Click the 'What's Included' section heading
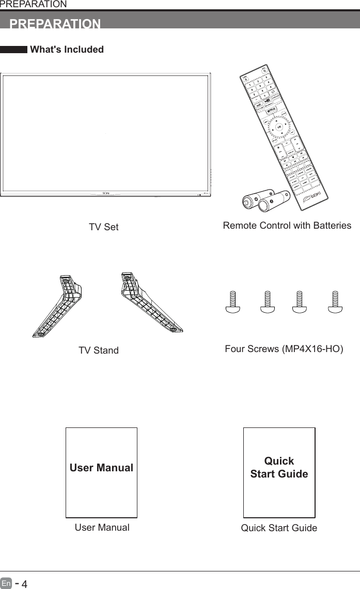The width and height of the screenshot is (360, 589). (x=67, y=50)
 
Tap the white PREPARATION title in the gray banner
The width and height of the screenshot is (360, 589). (x=55, y=24)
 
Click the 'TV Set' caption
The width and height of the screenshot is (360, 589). (x=103, y=227)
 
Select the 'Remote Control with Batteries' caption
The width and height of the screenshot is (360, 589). (x=287, y=226)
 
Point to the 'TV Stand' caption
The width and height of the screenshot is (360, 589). (x=98, y=351)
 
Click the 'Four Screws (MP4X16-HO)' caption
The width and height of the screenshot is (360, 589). (x=284, y=349)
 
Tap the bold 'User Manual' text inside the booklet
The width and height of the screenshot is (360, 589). (x=101, y=468)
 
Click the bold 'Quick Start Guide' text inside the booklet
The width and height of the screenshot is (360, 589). (x=279, y=467)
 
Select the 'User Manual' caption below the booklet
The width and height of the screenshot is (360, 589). (x=102, y=528)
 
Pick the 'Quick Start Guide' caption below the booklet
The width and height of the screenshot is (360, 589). (x=279, y=528)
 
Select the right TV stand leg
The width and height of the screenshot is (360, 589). (x=150, y=302)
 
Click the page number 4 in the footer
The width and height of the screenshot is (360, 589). (x=24, y=584)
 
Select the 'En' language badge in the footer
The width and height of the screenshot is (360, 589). (x=6, y=584)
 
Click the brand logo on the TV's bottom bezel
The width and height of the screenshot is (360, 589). (x=105, y=193)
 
